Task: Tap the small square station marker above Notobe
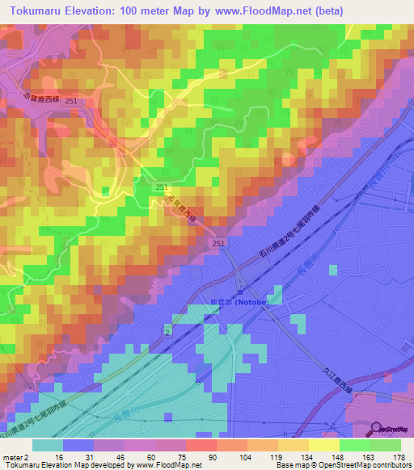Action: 240,291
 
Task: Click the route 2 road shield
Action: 167,331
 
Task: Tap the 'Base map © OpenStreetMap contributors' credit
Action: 344,465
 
